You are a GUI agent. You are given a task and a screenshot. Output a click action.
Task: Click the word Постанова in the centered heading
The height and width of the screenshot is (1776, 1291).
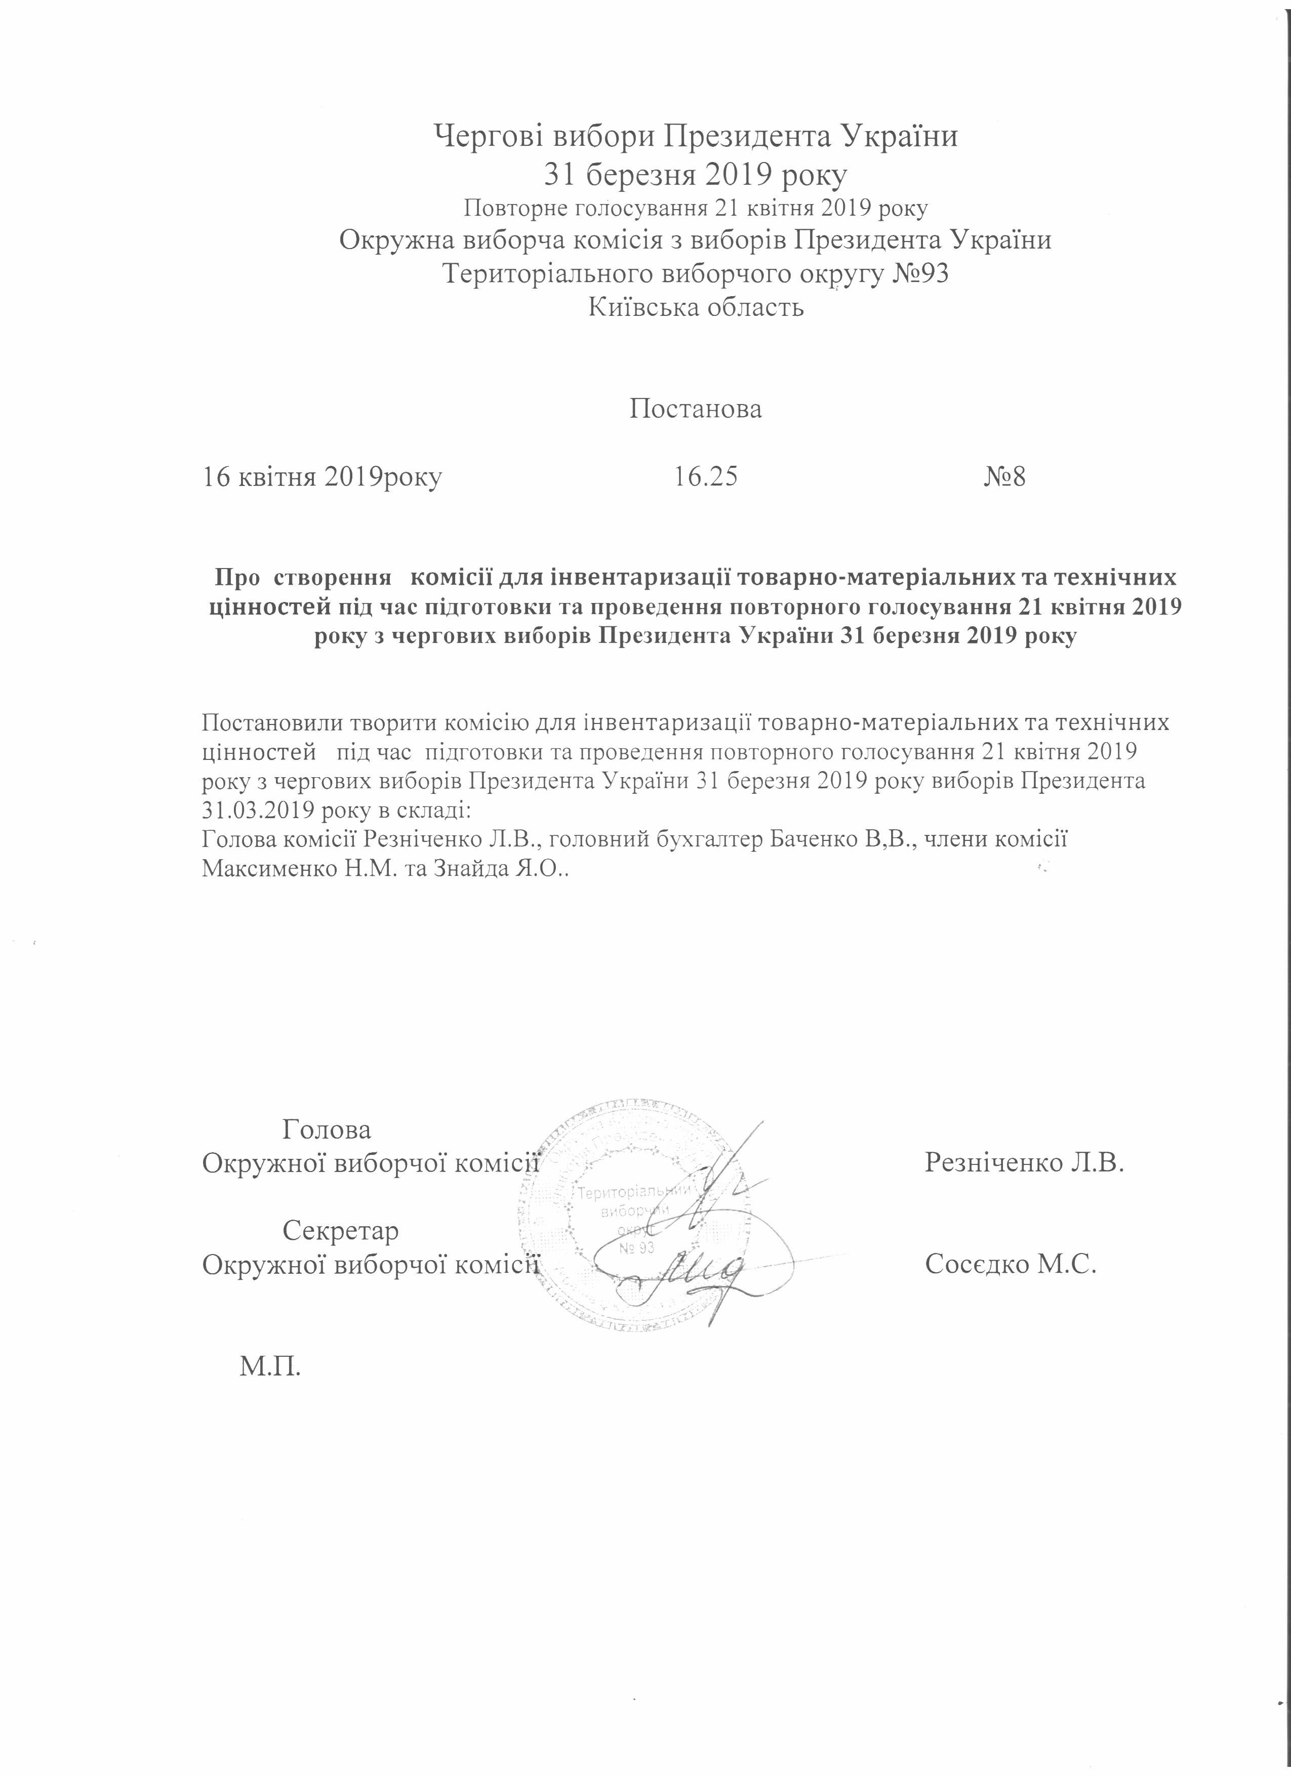(x=695, y=409)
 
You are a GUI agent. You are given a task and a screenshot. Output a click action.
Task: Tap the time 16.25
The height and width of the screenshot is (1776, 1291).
(x=705, y=477)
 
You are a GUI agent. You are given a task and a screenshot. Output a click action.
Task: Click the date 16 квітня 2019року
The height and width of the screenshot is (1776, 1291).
(x=322, y=477)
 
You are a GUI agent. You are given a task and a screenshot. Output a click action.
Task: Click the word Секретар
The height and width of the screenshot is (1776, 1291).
(x=341, y=1231)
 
